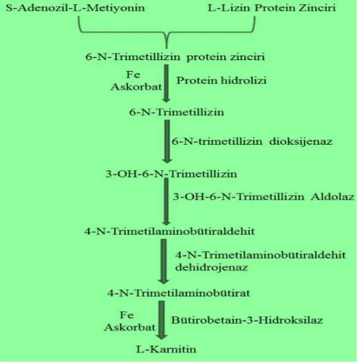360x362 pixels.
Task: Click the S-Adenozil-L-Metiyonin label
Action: pyautogui.click(x=75, y=8)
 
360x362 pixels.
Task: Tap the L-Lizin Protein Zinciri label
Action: pyautogui.click(x=272, y=8)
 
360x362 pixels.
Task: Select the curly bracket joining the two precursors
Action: pyautogui.click(x=167, y=31)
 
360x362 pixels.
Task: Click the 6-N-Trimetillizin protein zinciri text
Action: pyautogui.click(x=175, y=57)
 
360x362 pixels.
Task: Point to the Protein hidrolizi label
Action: pyautogui.click(x=221, y=80)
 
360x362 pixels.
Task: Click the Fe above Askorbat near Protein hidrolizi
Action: pyautogui.click(x=133, y=75)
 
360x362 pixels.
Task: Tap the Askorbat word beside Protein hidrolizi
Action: pyautogui.click(x=136, y=87)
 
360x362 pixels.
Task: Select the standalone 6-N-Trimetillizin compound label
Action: pyautogui.click(x=177, y=112)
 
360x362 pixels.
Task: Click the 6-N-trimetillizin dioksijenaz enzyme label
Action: pyautogui.click(x=252, y=141)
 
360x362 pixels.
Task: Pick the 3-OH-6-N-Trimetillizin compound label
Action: pyautogui.click(x=171, y=174)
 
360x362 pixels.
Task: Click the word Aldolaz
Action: pyautogui.click(x=332, y=197)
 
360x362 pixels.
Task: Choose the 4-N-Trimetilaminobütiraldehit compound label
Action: pyautogui.click(x=169, y=231)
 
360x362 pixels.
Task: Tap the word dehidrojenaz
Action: pyautogui.click(x=212, y=267)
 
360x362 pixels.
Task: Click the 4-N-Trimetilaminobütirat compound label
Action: pyautogui.click(x=179, y=293)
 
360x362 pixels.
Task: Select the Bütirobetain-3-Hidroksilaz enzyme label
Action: pyautogui.click(x=247, y=320)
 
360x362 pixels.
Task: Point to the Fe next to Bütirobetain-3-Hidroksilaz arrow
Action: pyautogui.click(x=127, y=315)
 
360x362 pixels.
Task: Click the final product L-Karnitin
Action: pyautogui.click(x=166, y=349)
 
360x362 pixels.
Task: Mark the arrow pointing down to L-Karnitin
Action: pyautogui.click(x=162, y=320)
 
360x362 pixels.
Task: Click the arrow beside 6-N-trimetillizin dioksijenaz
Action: pyautogui.click(x=167, y=142)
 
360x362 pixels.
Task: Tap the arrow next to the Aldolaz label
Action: pyautogui.click(x=167, y=201)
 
